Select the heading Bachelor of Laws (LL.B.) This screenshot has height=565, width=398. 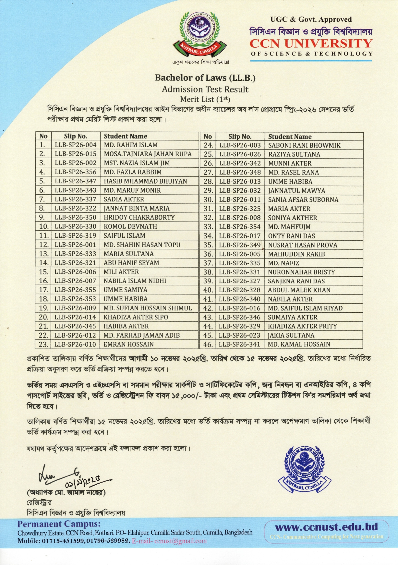point(205,78)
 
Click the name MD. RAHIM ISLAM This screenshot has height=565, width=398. point(131,145)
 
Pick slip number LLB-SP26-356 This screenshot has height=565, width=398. point(76,172)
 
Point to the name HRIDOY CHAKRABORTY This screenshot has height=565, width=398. point(139,218)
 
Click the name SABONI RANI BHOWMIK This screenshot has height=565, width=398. point(304,145)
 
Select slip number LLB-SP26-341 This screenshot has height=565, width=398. point(240,344)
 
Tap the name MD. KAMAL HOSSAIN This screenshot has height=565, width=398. point(299,344)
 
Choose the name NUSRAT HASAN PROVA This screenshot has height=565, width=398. point(302,245)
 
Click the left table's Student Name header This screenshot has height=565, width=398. point(126,136)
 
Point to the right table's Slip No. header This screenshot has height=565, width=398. point(240,137)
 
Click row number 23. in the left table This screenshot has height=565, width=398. point(43,344)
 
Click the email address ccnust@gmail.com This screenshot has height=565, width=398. point(180,541)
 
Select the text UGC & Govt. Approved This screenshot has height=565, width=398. point(311,20)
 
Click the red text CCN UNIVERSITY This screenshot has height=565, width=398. point(311,43)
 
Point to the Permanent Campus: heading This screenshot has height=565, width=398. point(59,524)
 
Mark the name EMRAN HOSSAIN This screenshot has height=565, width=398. point(128,344)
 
